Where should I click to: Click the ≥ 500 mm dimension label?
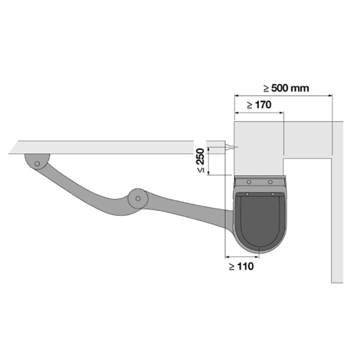point(286,88)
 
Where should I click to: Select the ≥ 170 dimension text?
point(259,105)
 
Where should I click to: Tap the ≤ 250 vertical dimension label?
point(200,160)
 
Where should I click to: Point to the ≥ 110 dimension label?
point(241,266)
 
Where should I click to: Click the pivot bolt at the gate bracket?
point(37,163)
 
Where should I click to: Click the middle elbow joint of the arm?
point(138,198)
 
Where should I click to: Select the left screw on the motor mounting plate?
point(248,182)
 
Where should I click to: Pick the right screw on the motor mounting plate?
point(270,182)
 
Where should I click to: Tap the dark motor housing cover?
point(260,220)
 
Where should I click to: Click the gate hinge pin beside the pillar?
point(229,147)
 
